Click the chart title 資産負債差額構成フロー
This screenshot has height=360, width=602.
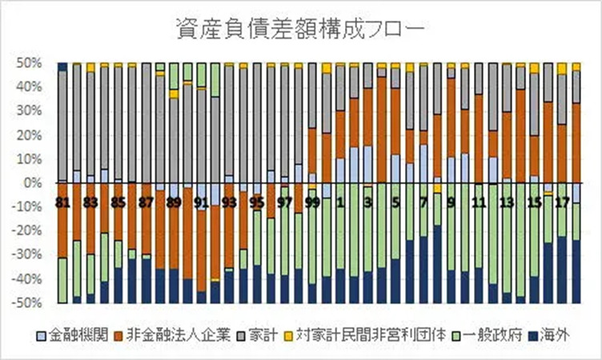coord(300,30)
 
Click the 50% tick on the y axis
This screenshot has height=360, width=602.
coord(32,62)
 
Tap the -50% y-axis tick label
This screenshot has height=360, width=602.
coord(30,304)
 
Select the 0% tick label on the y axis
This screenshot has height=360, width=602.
coord(36,183)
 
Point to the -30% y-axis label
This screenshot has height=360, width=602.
coord(30,256)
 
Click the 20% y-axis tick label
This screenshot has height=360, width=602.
coord(32,135)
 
